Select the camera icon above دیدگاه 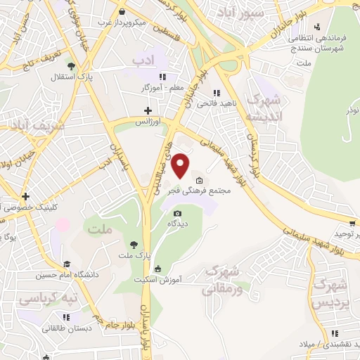[177, 213]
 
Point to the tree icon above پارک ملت [133, 244]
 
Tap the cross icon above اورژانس [147, 110]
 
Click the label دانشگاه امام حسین [71, 274]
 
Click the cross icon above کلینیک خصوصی [25, 196]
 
